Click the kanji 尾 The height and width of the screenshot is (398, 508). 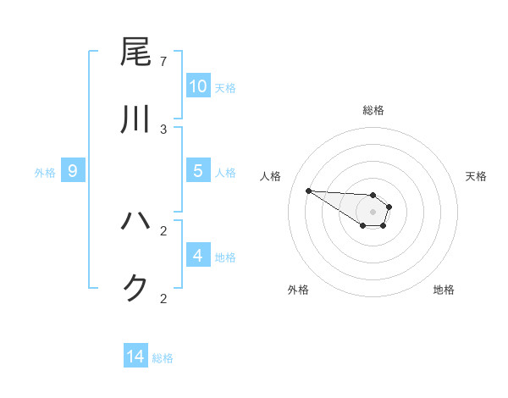(135, 53)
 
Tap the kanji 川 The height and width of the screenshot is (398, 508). (135, 120)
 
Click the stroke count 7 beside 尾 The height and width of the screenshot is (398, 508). (163, 61)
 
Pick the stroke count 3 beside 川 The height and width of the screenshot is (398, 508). (163, 129)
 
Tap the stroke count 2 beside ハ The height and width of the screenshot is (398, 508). (163, 230)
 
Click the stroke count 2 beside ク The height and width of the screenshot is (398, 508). (163, 298)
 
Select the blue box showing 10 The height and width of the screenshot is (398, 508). (198, 86)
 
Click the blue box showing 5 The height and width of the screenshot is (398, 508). (198, 171)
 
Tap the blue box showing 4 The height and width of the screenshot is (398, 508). (198, 256)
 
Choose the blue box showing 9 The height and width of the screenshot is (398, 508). (73, 172)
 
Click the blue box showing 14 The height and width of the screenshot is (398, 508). (135, 357)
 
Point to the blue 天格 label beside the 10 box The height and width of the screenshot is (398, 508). (225, 88)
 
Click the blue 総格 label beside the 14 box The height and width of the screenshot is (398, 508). (163, 359)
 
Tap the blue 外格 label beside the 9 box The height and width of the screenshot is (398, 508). (45, 173)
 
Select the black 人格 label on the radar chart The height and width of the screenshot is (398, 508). (270, 176)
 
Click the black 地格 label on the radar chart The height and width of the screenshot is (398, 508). (444, 290)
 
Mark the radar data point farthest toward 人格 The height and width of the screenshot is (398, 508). (308, 191)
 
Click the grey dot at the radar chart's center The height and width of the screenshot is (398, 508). (373, 212)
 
